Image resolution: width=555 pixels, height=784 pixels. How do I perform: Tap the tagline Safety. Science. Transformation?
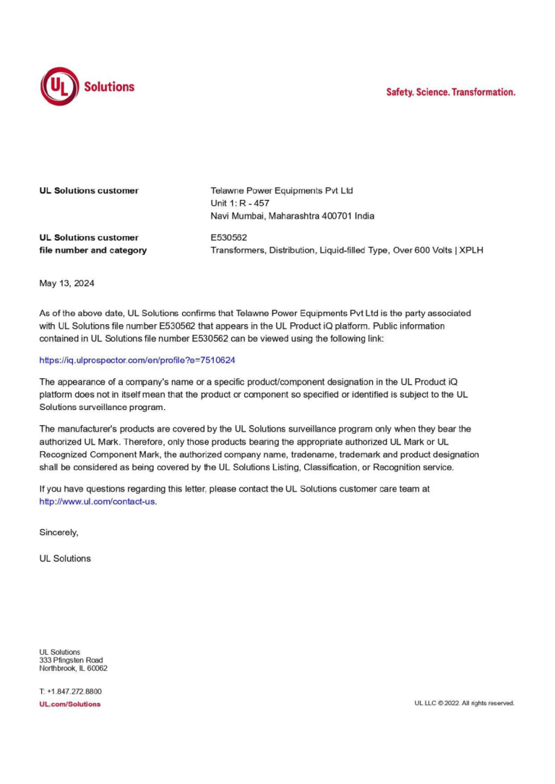[450, 92]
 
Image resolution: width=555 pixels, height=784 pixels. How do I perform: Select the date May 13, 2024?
[66, 284]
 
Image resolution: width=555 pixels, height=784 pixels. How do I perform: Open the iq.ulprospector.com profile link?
[137, 360]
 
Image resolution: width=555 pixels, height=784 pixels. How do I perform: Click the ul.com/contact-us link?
[97, 502]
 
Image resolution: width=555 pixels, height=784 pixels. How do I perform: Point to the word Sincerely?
[59, 533]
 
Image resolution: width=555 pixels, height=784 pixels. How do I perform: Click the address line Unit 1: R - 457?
[240, 204]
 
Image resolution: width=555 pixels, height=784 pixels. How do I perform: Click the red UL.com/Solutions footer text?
[70, 704]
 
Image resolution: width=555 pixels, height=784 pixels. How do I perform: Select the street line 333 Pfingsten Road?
[71, 660]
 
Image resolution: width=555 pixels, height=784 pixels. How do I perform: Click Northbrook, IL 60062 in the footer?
[73, 668]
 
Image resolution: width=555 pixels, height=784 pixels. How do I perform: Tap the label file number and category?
[92, 251]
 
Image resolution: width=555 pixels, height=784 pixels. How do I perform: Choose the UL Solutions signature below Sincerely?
[65, 558]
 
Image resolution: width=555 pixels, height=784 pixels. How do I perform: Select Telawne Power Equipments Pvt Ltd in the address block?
[282, 191]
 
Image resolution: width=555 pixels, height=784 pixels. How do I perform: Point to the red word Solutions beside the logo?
[109, 87]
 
